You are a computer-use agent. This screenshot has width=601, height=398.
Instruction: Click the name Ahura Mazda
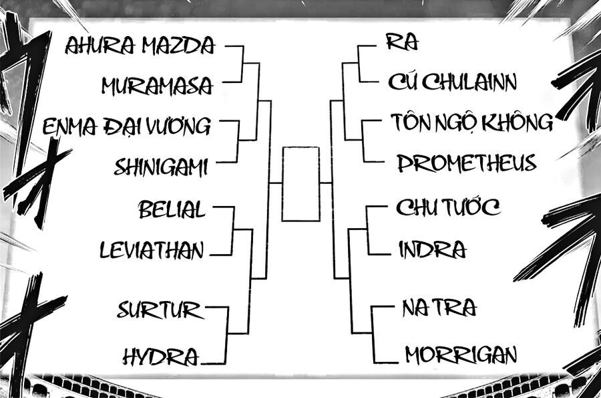coord(140,45)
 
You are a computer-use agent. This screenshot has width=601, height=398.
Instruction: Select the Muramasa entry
coord(158,86)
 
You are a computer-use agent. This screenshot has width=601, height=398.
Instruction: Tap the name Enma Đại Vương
coord(126,125)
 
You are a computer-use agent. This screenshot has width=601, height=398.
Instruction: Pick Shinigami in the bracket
coord(161,166)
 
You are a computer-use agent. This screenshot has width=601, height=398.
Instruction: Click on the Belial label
coord(172,209)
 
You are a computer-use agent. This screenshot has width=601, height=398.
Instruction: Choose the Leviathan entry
coord(152,251)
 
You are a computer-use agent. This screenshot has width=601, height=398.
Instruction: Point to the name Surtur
coord(159,310)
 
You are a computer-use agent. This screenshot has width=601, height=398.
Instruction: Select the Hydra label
coord(161,357)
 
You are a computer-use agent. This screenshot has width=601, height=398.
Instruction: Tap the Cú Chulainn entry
coord(452,82)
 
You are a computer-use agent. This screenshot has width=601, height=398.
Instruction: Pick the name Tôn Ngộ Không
coord(471,122)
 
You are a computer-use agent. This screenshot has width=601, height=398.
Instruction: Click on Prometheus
coord(466,163)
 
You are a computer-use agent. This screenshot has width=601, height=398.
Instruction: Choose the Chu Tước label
coord(447,207)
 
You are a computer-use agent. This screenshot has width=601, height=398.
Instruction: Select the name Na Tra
coord(439,308)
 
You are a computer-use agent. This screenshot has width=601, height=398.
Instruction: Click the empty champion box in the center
coord(300,183)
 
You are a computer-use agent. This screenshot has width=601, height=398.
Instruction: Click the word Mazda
coord(184,45)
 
